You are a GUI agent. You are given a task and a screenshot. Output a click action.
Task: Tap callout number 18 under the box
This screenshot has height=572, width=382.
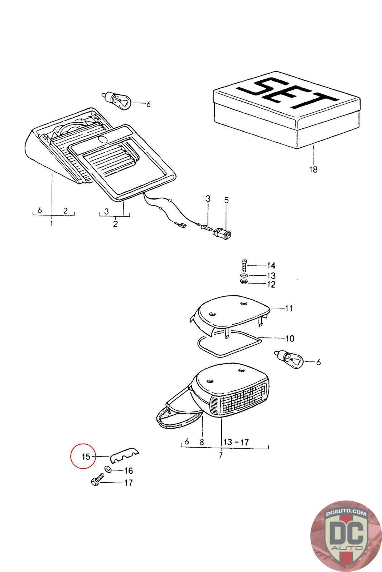313,169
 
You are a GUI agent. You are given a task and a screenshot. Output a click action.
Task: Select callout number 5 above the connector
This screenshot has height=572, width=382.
226,199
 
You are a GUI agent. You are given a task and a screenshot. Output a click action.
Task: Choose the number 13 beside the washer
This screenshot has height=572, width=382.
271,275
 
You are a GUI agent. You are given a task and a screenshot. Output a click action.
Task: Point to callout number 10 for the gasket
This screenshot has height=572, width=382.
290,338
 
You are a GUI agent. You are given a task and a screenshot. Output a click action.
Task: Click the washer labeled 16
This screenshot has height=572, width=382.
108,469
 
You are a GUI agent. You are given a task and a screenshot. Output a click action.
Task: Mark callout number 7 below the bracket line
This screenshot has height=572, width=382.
221,455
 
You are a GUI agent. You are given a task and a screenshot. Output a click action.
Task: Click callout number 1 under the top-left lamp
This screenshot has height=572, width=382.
52,224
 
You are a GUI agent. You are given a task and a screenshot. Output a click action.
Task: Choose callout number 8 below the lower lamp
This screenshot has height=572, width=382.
202,442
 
